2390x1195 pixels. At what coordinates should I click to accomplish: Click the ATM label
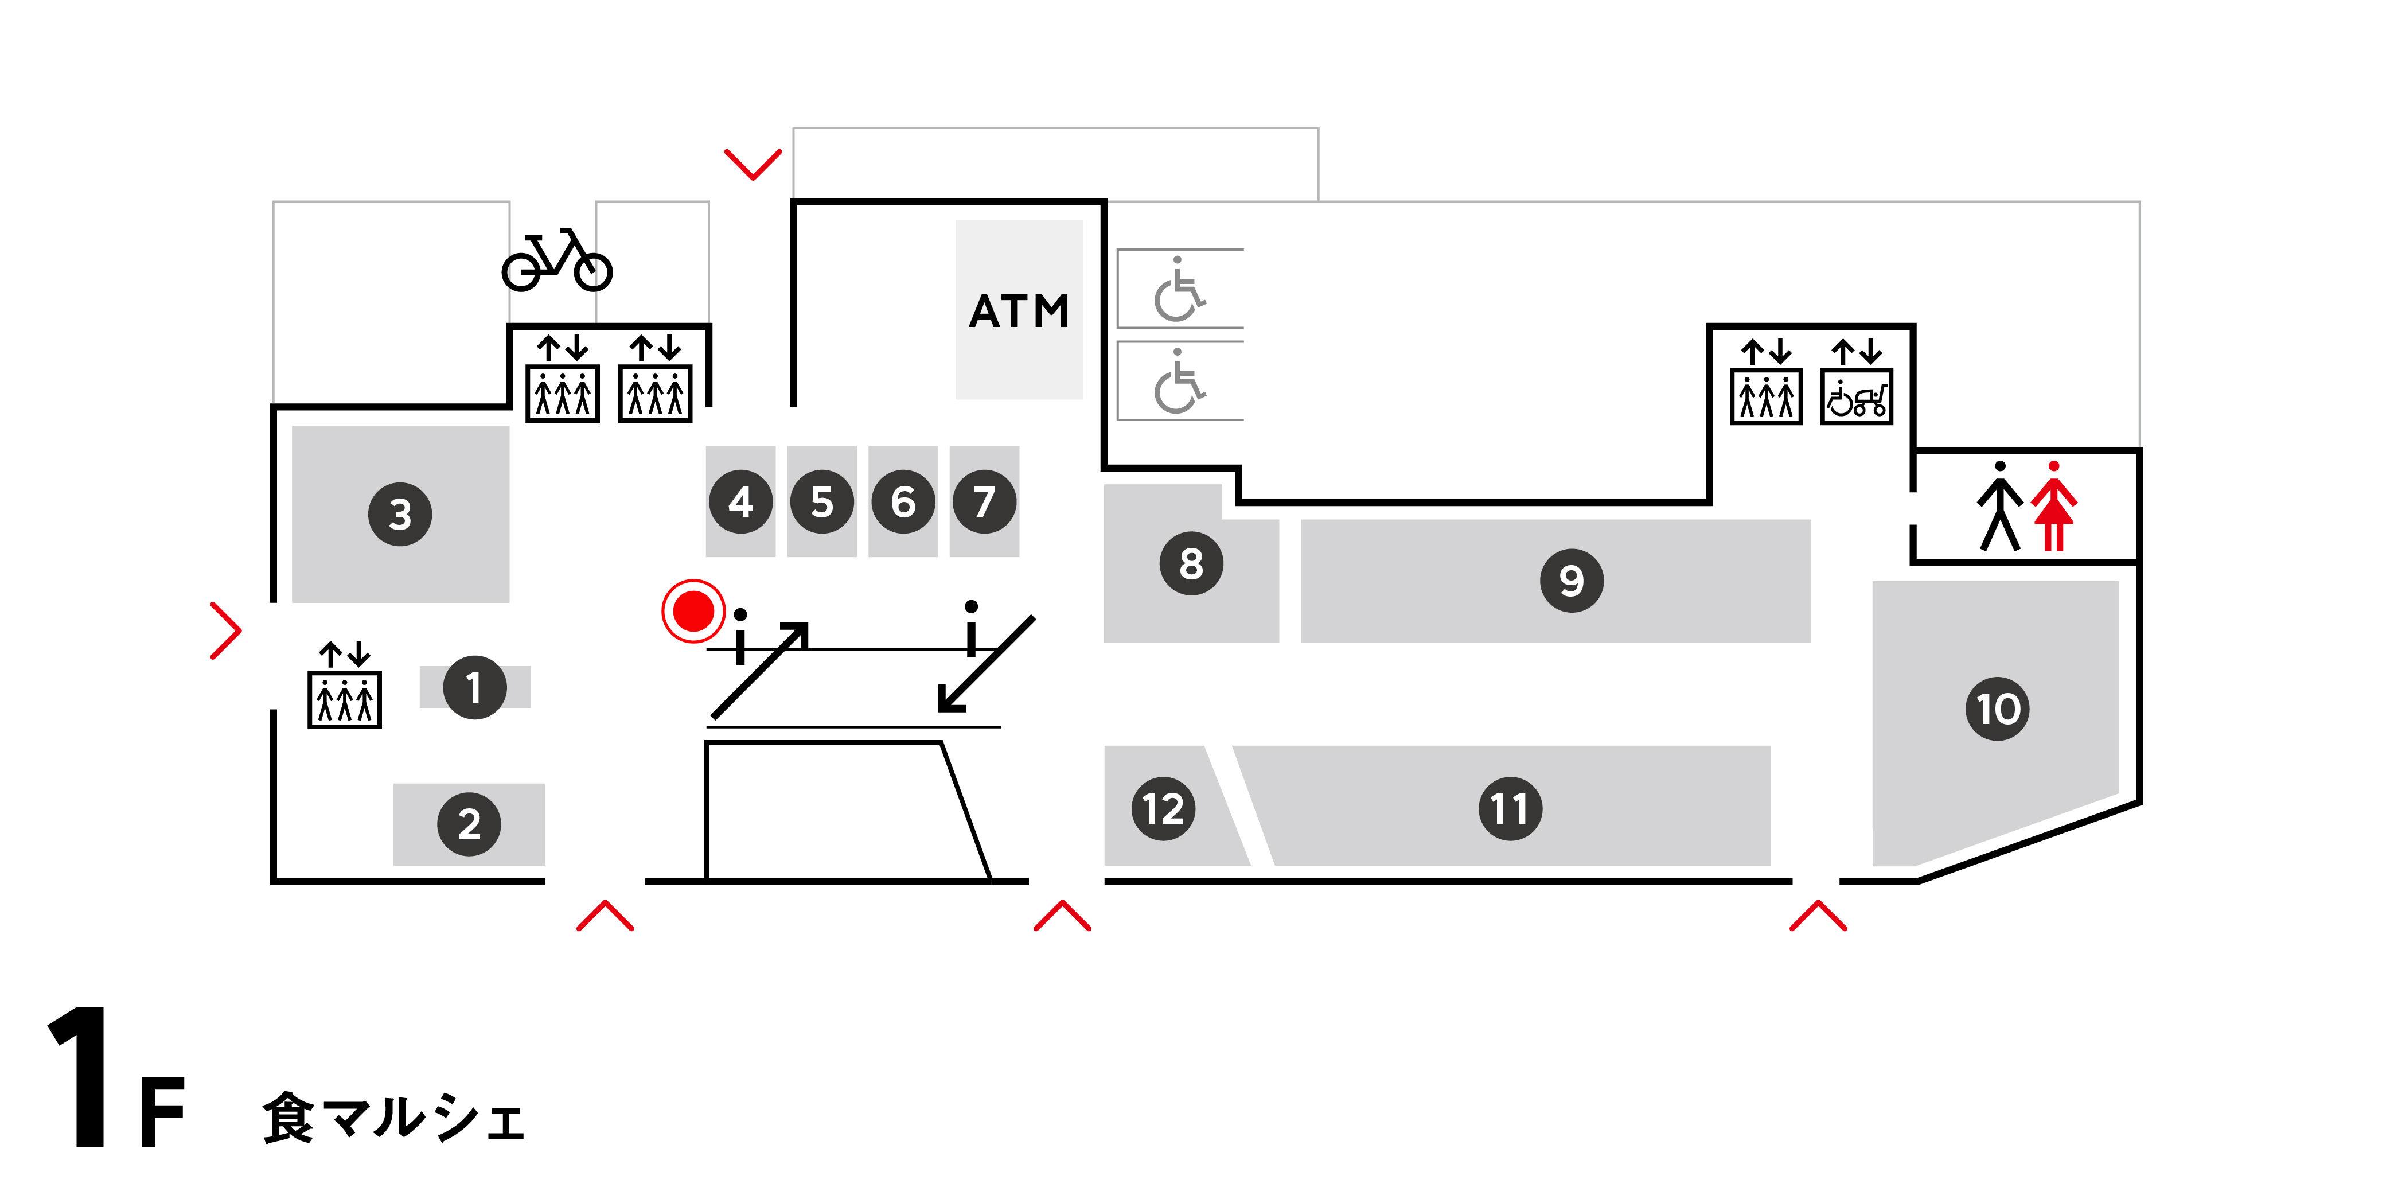tap(1019, 312)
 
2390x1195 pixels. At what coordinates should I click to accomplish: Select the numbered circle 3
tap(400, 514)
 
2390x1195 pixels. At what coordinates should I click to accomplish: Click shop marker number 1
tap(474, 687)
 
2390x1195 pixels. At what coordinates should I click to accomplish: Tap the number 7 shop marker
tap(984, 502)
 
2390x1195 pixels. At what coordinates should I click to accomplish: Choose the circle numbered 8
tap(1191, 563)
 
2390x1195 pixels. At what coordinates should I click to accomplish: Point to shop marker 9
tap(1571, 581)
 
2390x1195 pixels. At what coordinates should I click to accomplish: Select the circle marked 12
tap(1163, 808)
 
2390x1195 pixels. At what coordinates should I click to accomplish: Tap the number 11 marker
tap(1510, 808)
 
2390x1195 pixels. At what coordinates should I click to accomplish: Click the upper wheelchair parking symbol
tap(1178, 290)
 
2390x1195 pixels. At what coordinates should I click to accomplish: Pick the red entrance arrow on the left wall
tap(225, 631)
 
